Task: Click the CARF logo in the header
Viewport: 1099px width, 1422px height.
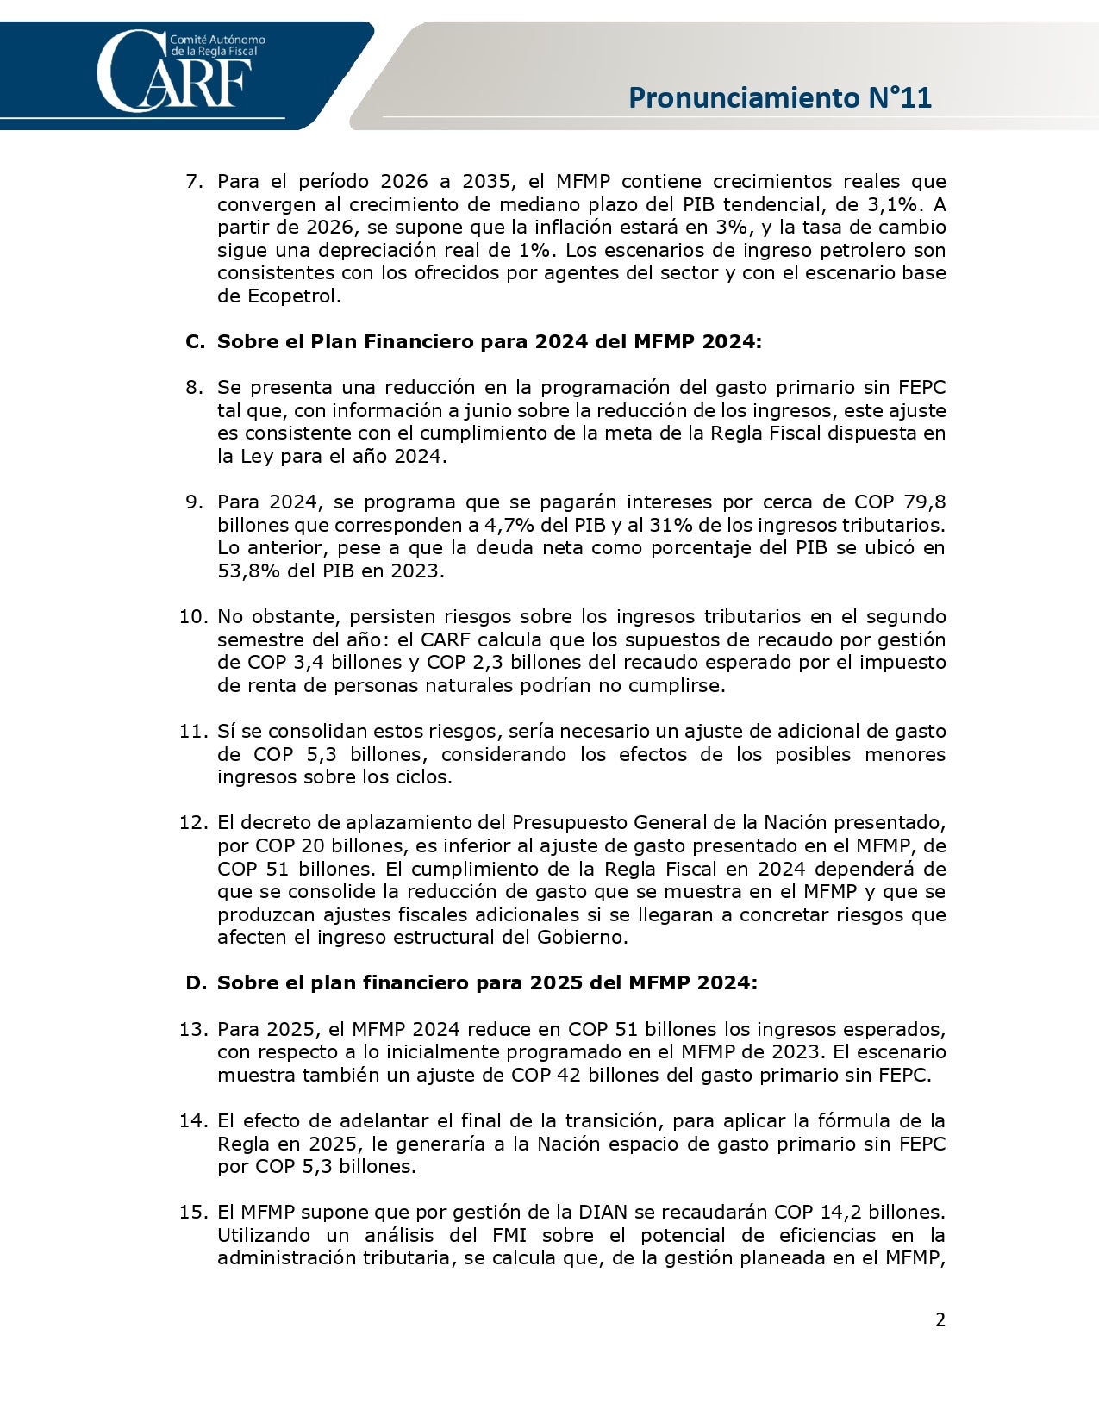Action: coord(177,71)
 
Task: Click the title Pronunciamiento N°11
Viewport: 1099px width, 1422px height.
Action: coord(779,97)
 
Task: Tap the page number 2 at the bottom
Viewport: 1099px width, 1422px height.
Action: coord(940,1319)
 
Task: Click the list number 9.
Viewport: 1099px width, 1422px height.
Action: coord(192,502)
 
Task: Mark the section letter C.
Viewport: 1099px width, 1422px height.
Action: coord(194,341)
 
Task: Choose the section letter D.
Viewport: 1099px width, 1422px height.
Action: coord(195,982)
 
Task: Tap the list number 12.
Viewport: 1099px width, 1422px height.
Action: coord(193,822)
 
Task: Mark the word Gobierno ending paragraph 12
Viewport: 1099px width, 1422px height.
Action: coord(582,937)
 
